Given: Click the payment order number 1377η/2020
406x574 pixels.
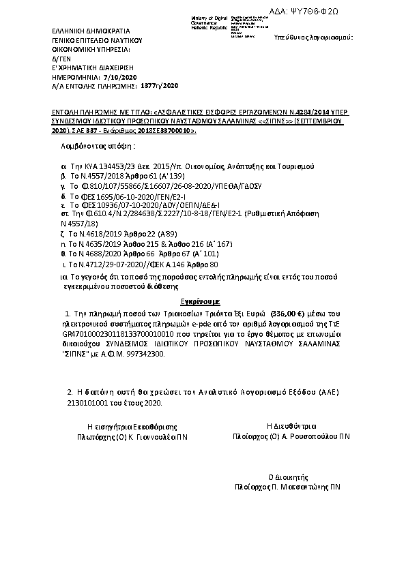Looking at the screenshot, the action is click(159, 87).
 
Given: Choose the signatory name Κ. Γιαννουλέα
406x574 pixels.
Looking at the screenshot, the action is click(154, 434).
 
